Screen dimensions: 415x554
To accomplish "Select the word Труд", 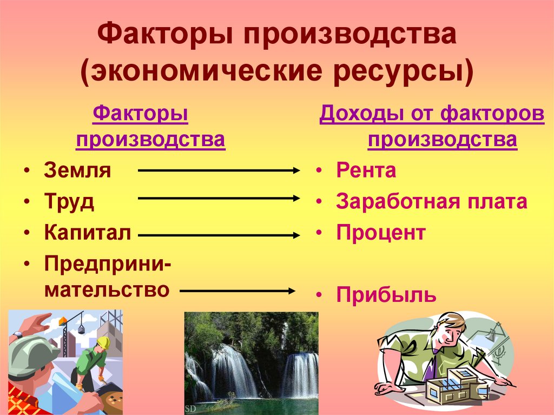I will [69, 202].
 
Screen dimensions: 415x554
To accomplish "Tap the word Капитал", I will [88, 234].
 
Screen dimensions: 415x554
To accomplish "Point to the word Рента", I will [366, 171].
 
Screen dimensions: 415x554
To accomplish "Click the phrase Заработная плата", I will [431, 202].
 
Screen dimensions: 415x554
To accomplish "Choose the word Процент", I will [381, 234].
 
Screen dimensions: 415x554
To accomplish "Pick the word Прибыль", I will [386, 295].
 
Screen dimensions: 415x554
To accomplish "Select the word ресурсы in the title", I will [411, 71].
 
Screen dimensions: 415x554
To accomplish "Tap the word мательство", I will [107, 289].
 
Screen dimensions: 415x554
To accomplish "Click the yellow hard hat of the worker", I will [103, 342].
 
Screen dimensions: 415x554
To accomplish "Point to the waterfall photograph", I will [251, 363].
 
